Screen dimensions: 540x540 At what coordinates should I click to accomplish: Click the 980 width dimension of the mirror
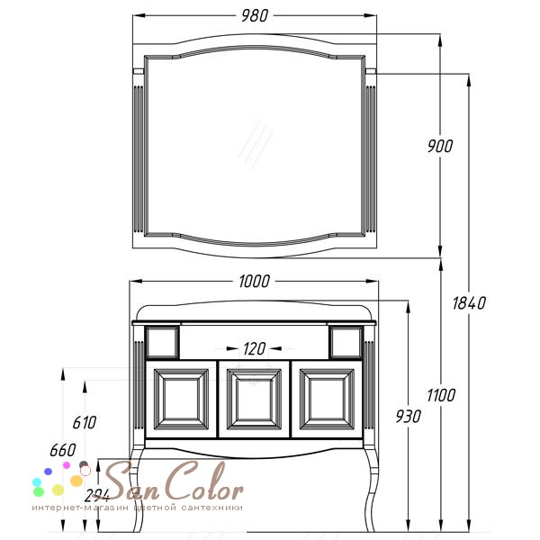click(x=254, y=16)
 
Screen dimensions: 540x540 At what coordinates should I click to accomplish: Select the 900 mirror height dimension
click(x=440, y=146)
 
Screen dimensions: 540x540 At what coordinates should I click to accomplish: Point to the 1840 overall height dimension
click(x=469, y=303)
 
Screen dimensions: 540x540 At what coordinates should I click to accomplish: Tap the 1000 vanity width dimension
click(x=254, y=282)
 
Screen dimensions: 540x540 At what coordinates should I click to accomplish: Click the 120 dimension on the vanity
click(x=254, y=349)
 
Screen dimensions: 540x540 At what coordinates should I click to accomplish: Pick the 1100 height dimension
click(x=441, y=395)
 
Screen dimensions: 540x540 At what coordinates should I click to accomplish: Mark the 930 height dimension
click(x=408, y=417)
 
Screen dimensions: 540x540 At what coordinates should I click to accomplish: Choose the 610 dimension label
click(x=85, y=423)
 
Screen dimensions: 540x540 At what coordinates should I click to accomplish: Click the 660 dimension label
click(x=63, y=450)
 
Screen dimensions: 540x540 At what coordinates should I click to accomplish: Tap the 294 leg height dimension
click(x=97, y=496)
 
